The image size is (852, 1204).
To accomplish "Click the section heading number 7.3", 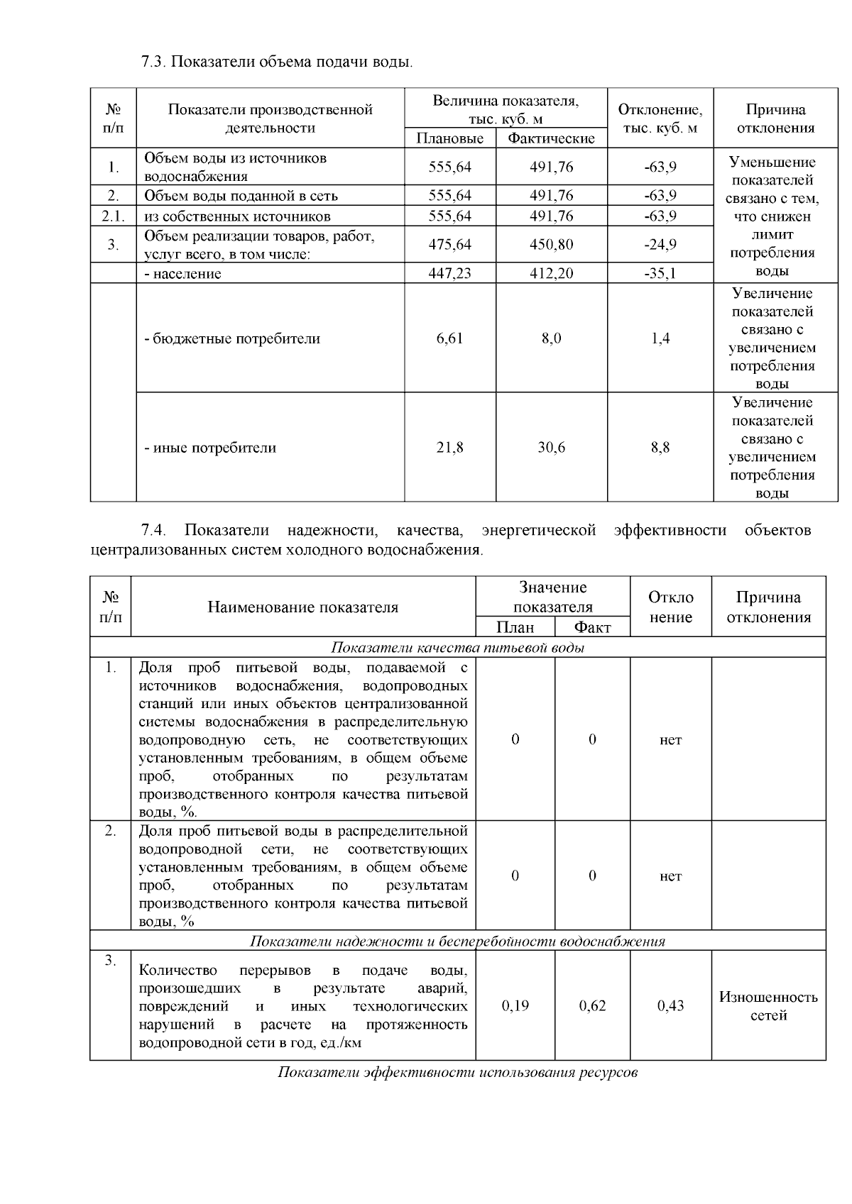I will point(153,62).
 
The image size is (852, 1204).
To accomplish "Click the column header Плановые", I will point(449,138).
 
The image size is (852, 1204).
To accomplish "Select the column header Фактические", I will point(551,138).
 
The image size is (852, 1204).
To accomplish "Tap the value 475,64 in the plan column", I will point(449,245).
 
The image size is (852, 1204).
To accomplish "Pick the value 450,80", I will point(551,245).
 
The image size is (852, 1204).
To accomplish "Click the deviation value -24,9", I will point(660,245).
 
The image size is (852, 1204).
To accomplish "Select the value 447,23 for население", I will point(449,274).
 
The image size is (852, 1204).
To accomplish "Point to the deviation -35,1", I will point(660,274).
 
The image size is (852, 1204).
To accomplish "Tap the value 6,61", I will point(449,338).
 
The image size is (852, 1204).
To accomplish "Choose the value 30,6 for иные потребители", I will point(551,448).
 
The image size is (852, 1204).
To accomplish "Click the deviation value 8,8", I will point(660,448).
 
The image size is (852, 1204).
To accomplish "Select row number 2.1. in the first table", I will point(113,216).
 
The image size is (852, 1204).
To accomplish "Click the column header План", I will point(515,627).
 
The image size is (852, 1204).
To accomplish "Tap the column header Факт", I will point(592,627).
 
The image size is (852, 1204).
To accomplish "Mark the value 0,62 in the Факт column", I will point(592,1005).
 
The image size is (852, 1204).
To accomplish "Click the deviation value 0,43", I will point(670,1005).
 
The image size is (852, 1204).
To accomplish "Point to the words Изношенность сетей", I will point(768,1006).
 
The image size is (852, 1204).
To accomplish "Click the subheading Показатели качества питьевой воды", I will point(458,648).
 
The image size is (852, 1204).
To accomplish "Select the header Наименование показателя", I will point(303,607).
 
